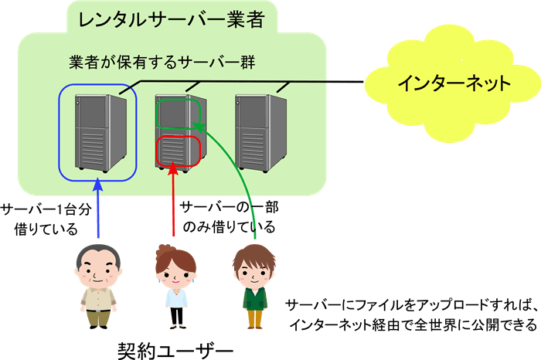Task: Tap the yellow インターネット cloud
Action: pos(453,83)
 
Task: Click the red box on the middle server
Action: pos(179,149)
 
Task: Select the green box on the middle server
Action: pos(179,114)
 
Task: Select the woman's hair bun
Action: pos(164,249)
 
